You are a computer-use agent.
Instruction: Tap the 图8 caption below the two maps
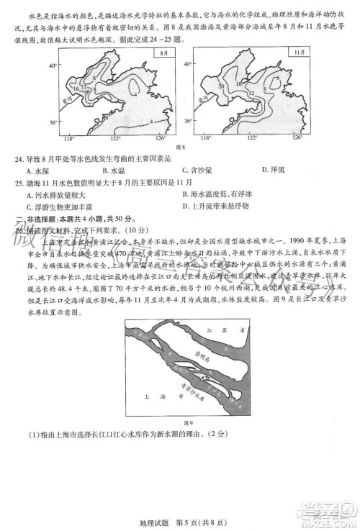point(181,147)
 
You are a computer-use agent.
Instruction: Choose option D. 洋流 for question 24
point(274,170)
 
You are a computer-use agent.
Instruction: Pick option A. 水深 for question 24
point(33,170)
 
